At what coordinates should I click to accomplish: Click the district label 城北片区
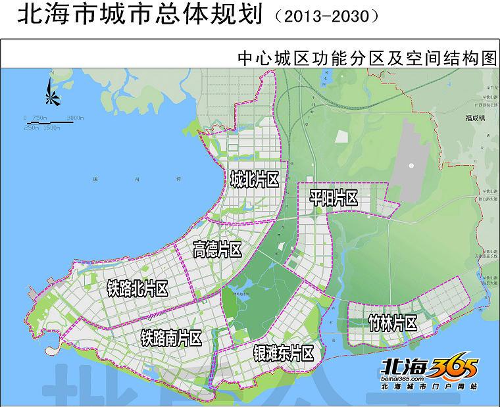[255, 179]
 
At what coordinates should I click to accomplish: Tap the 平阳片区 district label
[333, 197]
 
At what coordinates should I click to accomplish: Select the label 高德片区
[217, 249]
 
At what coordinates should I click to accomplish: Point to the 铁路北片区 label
[137, 288]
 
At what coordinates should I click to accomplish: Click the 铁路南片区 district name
[171, 338]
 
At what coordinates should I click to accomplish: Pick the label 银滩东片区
[283, 353]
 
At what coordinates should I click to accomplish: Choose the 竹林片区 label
[393, 323]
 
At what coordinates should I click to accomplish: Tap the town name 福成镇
[473, 119]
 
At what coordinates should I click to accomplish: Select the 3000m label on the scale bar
[75, 118]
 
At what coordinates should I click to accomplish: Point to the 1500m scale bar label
[51, 127]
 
